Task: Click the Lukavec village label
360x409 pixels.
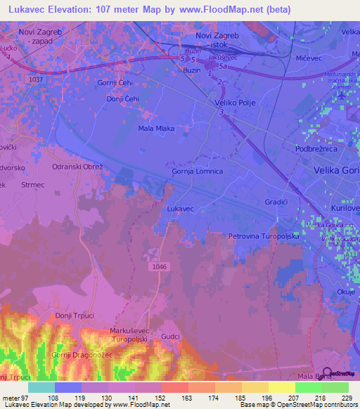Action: pos(181,209)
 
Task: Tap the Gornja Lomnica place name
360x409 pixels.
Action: pos(198,171)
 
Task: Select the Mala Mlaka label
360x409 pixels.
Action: pos(155,129)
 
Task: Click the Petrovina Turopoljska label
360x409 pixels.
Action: pos(264,237)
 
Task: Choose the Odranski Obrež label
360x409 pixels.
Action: pos(78,167)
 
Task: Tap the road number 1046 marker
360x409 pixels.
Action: pos(160,267)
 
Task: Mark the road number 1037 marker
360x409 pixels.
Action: pos(37,79)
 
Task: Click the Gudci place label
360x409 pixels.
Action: pos(171,337)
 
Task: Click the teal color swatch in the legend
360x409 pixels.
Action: pos(41,387)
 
